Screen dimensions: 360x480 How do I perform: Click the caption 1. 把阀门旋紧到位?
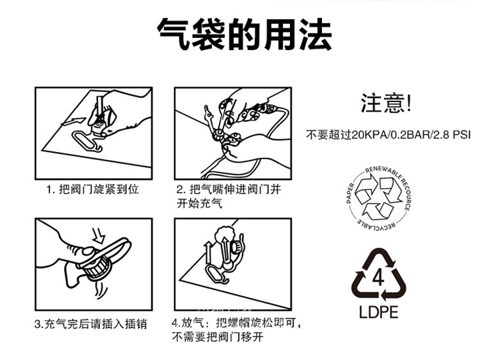(93, 189)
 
